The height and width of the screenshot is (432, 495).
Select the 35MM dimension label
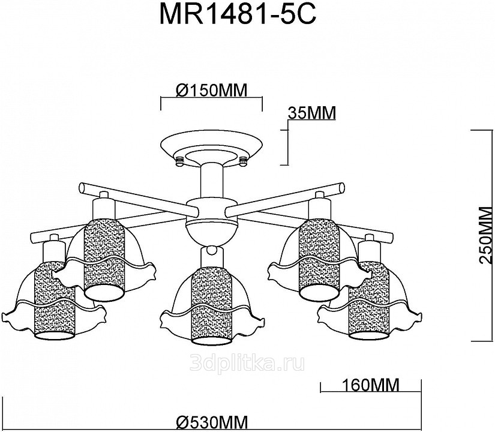(x=311, y=113)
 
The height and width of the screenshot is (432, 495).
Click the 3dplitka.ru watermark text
(x=247, y=362)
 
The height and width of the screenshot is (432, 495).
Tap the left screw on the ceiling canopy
(x=179, y=160)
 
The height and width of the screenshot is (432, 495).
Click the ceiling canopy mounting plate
(x=211, y=147)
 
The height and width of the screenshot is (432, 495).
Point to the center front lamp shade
(x=210, y=300)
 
